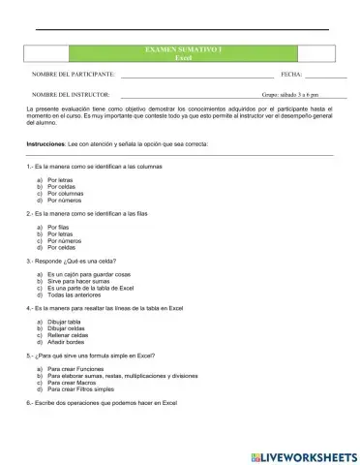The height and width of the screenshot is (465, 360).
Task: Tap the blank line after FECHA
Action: pos(325,75)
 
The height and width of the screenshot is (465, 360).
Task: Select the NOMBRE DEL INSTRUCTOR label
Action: pos(71,95)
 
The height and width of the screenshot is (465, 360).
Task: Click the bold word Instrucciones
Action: pos(45,143)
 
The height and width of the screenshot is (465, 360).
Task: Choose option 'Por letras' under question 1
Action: pos(59,179)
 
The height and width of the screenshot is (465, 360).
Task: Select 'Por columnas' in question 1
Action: pos(64,193)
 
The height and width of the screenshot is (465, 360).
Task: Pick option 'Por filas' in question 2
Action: pos(57,227)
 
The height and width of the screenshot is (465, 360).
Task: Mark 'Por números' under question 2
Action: pos(64,239)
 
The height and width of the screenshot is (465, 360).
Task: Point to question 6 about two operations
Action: pos(102,403)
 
